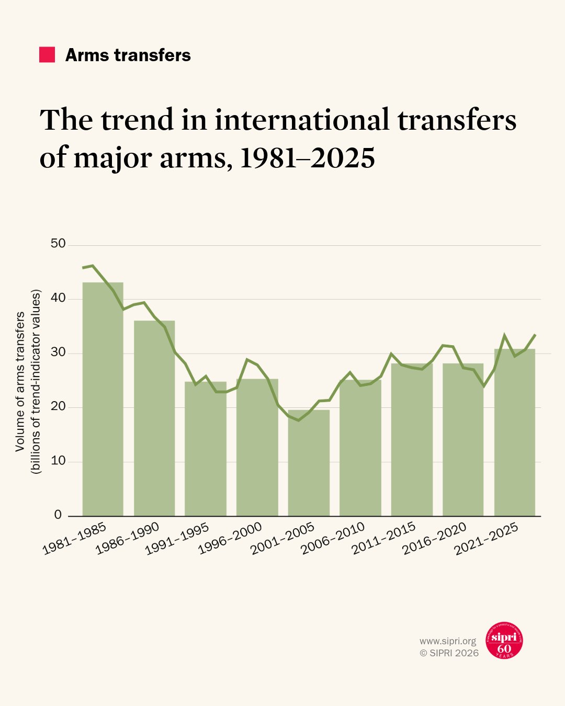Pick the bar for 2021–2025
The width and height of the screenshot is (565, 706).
click(515, 432)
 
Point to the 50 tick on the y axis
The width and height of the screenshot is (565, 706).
click(59, 244)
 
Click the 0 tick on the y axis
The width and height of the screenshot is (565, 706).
click(58, 515)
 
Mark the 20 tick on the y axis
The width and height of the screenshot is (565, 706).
click(59, 406)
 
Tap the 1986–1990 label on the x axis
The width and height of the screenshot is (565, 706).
click(128, 539)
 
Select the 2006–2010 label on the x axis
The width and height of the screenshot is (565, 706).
click(333, 539)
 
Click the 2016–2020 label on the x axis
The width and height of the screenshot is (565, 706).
click(435, 539)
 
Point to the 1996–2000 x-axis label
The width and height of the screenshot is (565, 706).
click(231, 539)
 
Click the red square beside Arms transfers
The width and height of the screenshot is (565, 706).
click(47, 55)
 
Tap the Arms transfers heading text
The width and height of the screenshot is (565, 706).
click(128, 55)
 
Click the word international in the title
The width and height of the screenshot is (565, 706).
click(302, 120)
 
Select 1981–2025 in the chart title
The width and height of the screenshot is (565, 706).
click(308, 157)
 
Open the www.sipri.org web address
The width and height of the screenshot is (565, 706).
click(448, 641)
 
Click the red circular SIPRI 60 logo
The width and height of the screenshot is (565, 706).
click(504, 641)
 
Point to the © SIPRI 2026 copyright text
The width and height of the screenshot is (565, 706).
click(449, 653)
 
